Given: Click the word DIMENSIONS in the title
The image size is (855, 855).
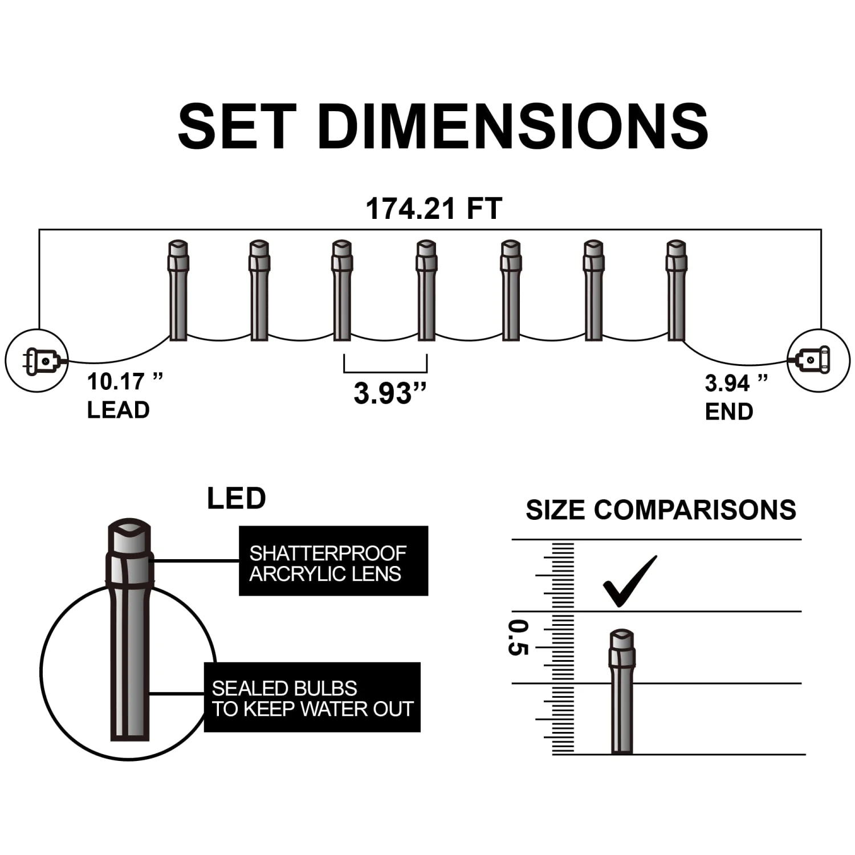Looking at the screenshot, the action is [514, 126].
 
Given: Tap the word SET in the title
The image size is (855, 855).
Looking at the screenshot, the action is [237, 126].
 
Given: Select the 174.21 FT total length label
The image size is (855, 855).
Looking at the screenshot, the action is [434, 209].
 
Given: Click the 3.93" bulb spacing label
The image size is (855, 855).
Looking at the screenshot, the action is [390, 393].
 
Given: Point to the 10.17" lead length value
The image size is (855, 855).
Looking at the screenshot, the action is [125, 382].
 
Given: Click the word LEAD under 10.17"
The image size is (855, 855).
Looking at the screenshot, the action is [118, 410].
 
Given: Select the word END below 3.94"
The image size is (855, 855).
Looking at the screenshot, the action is [729, 412].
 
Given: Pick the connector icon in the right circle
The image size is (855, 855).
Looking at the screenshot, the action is [812, 360].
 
